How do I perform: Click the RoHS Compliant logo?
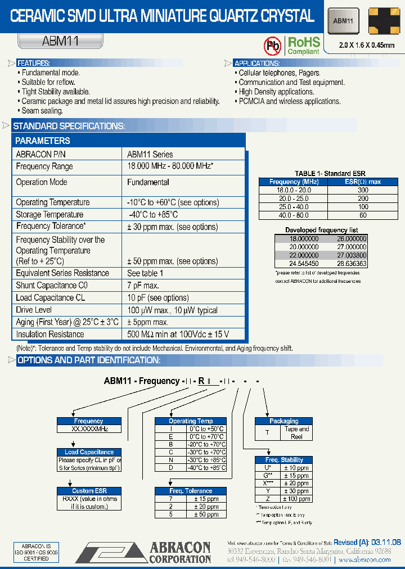pos(303,45)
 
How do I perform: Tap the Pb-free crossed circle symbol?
pos(273,45)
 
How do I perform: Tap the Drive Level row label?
pos(34,310)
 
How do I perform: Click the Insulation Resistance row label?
pos(50,334)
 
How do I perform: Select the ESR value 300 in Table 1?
pos(363,190)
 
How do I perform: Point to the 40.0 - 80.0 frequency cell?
pos(294,215)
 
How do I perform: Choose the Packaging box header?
pos(284,421)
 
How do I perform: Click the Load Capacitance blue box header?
pos(89,452)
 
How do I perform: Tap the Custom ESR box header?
pos(89,491)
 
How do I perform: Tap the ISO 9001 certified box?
pos(36,552)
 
